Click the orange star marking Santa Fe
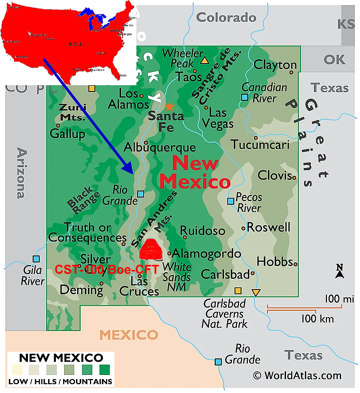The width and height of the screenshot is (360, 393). coord(169,107)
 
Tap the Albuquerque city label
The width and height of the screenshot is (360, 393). coord(159,147)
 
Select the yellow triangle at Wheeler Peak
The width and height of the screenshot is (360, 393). coord(204,61)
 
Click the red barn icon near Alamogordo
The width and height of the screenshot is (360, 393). coord(151,250)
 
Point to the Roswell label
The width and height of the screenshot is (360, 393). coord(268,227)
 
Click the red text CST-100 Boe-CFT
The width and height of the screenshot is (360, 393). coord(107,269)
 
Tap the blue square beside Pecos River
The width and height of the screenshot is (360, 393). coord(231,201)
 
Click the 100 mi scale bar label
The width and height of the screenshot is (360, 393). coord(339,299)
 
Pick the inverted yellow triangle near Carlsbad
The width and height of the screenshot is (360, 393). coord(256,293)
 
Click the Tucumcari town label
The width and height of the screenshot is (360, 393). coord(260,144)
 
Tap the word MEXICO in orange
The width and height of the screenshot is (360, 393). coord(129,335)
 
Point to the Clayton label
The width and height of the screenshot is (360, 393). coord(275,65)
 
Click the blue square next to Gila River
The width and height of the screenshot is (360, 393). coord(36,259)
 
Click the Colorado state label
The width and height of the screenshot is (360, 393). coord(226,18)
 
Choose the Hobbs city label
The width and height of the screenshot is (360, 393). coord(274,261)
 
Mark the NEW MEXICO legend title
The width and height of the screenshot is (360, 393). coord(61,358)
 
